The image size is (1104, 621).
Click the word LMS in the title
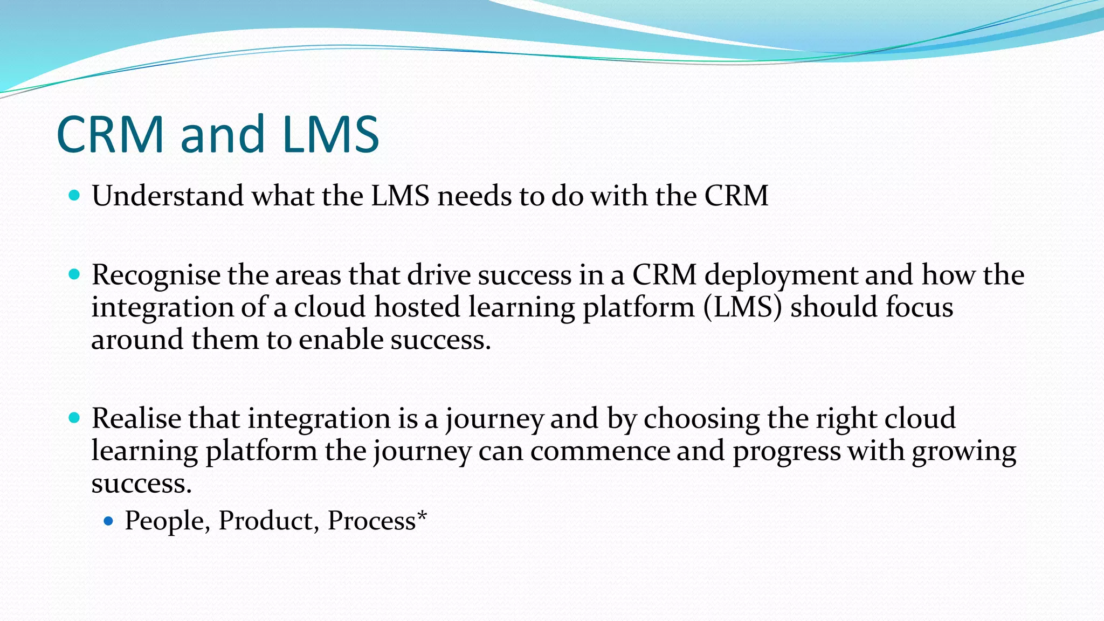330,134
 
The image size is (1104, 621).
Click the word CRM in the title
110,134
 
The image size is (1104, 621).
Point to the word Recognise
156,275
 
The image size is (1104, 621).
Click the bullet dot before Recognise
74,275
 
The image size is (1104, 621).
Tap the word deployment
781,276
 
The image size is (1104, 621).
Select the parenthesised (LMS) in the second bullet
742,307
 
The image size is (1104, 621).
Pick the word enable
341,340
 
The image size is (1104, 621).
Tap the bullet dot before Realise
74,418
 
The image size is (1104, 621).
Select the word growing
963,452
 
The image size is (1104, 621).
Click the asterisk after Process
422,515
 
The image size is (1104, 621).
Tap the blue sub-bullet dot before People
108,521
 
